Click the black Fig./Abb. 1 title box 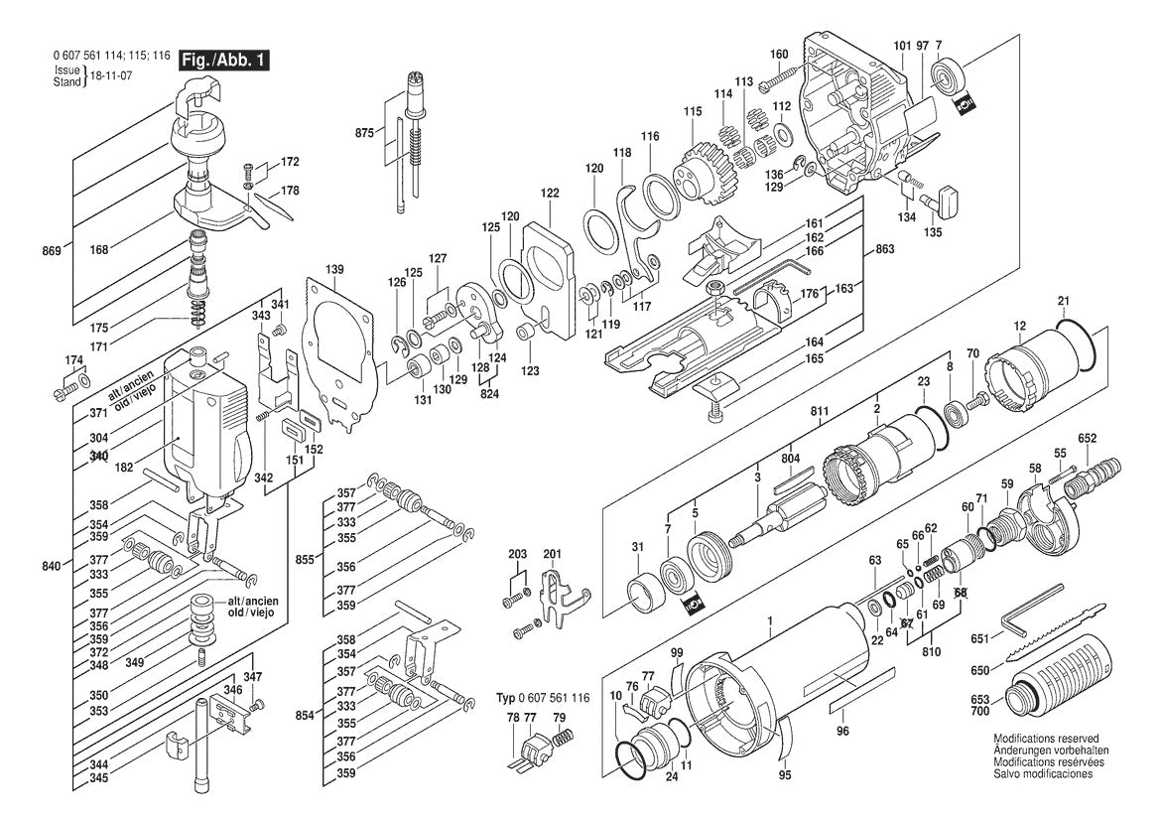pos(223,62)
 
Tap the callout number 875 pos(366,132)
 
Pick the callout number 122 pos(549,193)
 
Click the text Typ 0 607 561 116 pos(543,699)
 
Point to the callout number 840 pos(52,566)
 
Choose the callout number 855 pos(305,560)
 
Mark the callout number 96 pos(842,732)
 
